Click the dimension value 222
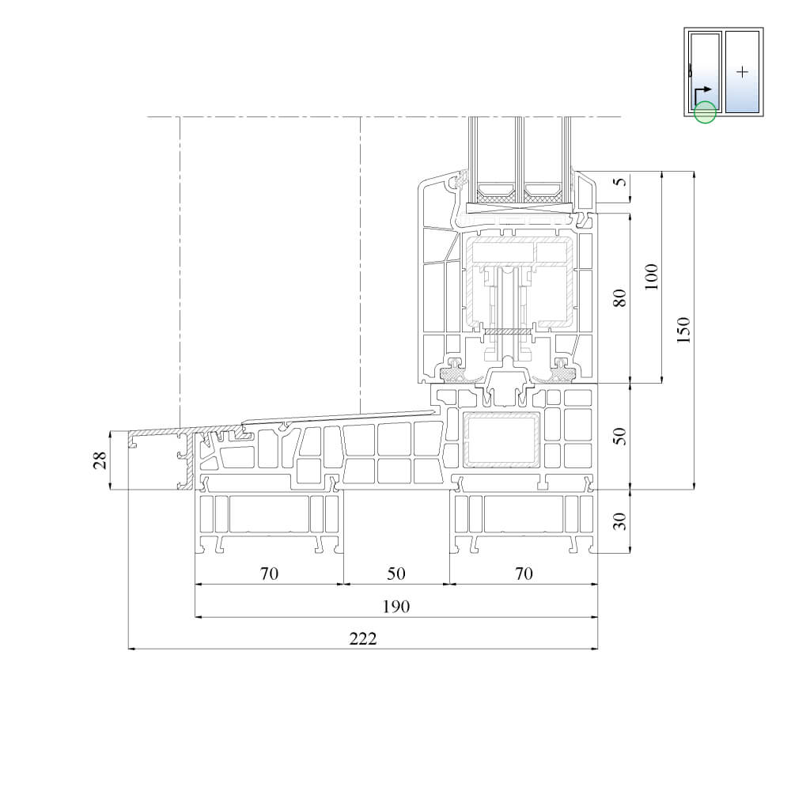point(363,638)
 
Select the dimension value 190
point(396,607)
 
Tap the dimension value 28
point(100,460)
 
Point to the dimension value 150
point(683,330)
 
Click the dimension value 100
point(651,276)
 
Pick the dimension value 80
point(619,297)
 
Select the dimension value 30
point(619,521)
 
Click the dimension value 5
point(621,180)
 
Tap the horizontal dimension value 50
point(396,573)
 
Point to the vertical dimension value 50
point(619,436)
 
